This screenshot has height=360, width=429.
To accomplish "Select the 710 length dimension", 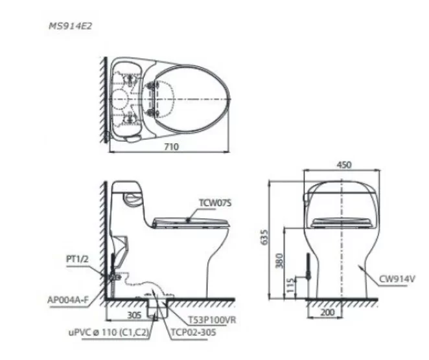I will click(x=170, y=147).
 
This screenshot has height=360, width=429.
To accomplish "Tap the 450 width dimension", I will click(x=345, y=164).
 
